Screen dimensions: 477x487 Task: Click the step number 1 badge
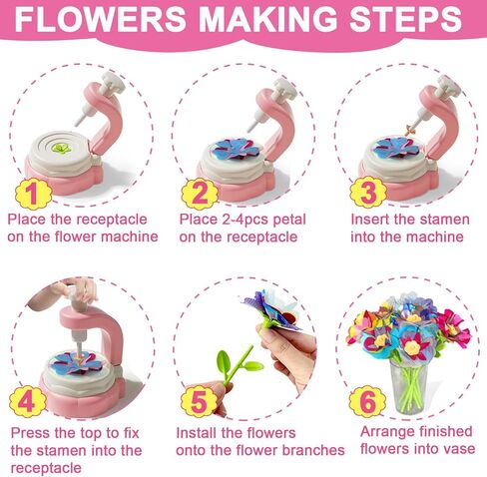click(x=31, y=190)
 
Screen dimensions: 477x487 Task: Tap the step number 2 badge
click(x=200, y=190)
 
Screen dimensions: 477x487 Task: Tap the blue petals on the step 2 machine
click(x=237, y=147)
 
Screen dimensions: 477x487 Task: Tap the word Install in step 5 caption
click(x=200, y=433)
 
